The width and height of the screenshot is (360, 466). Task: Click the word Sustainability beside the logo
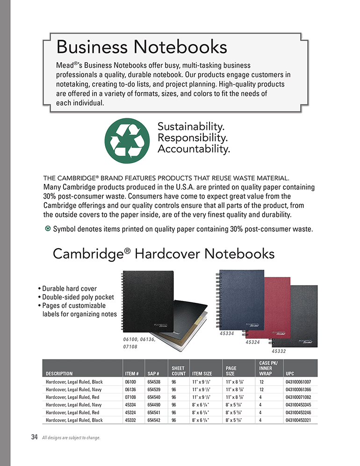coord(191,127)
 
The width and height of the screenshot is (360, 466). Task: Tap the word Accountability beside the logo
coord(194,149)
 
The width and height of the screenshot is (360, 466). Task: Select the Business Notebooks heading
coord(142,47)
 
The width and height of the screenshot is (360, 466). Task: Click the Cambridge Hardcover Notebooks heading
coord(163,253)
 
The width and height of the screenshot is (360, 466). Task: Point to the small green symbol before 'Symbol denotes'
coord(48,229)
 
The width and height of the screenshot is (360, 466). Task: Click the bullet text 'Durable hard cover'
coord(69,288)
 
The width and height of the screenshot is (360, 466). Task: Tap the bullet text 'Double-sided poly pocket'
coord(78,297)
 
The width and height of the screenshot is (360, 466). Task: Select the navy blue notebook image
coord(238,299)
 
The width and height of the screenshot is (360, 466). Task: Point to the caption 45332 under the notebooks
coord(279,350)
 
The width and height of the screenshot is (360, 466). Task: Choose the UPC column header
coord(290,373)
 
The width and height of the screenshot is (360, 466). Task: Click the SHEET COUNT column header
coord(179,371)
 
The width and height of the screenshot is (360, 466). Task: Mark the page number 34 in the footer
coord(34,437)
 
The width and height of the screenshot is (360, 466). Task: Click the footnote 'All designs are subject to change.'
coord(71,438)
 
